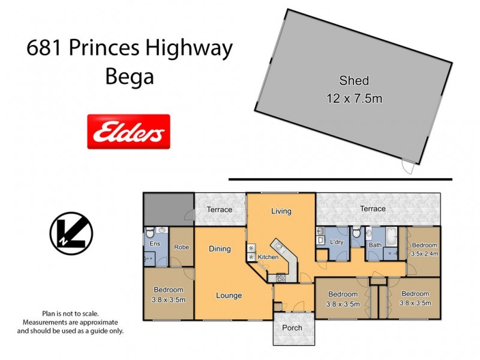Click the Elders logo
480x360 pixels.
(129, 131)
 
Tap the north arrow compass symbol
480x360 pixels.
(71, 233)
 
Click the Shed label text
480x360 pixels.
(354, 80)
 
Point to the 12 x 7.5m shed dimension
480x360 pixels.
(354, 98)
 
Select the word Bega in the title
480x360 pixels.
(129, 77)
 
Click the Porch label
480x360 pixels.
(292, 328)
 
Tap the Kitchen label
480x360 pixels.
(268, 257)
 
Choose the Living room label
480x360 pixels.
(281, 211)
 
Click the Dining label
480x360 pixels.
(220, 248)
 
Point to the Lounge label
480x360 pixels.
(229, 295)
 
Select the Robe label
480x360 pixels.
(182, 247)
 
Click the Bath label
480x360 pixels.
(376, 245)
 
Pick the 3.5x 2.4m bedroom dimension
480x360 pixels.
(424, 253)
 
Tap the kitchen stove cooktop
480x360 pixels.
(280, 277)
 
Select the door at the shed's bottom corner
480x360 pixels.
(408, 166)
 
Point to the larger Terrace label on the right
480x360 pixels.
(373, 209)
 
